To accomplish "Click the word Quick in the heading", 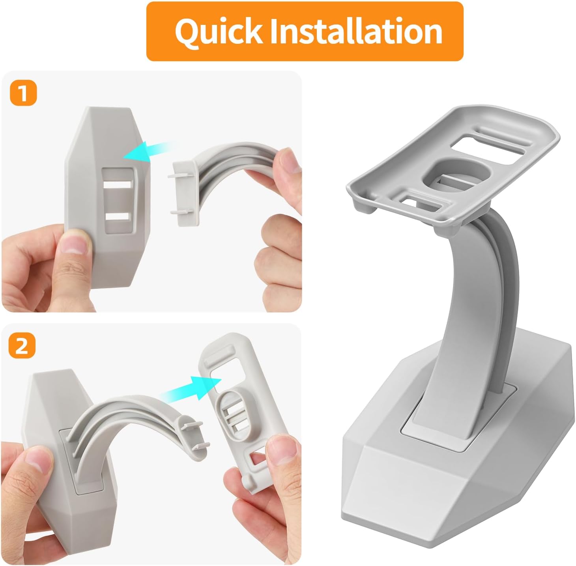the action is click(219, 32).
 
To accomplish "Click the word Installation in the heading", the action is click(356, 31).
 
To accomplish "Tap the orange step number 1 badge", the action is click(23, 93).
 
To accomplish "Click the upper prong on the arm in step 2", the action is click(193, 425).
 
